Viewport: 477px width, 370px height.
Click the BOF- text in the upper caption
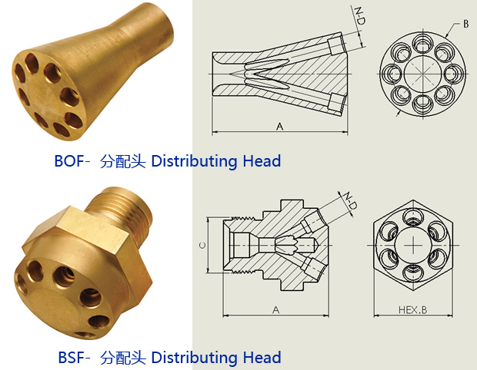click(x=72, y=161)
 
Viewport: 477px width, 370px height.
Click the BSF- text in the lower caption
click(x=74, y=357)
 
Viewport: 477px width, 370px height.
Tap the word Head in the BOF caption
click(x=262, y=161)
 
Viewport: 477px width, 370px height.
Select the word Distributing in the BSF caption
click(x=194, y=357)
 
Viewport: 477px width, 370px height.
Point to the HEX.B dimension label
click(x=413, y=310)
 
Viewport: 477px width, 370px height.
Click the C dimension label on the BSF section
click(x=202, y=245)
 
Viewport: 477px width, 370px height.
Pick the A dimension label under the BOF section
click(x=279, y=126)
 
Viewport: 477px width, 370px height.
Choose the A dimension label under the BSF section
click(x=275, y=310)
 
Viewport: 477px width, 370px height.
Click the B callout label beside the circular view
click(x=465, y=24)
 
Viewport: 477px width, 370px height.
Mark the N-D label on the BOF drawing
click(x=360, y=16)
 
